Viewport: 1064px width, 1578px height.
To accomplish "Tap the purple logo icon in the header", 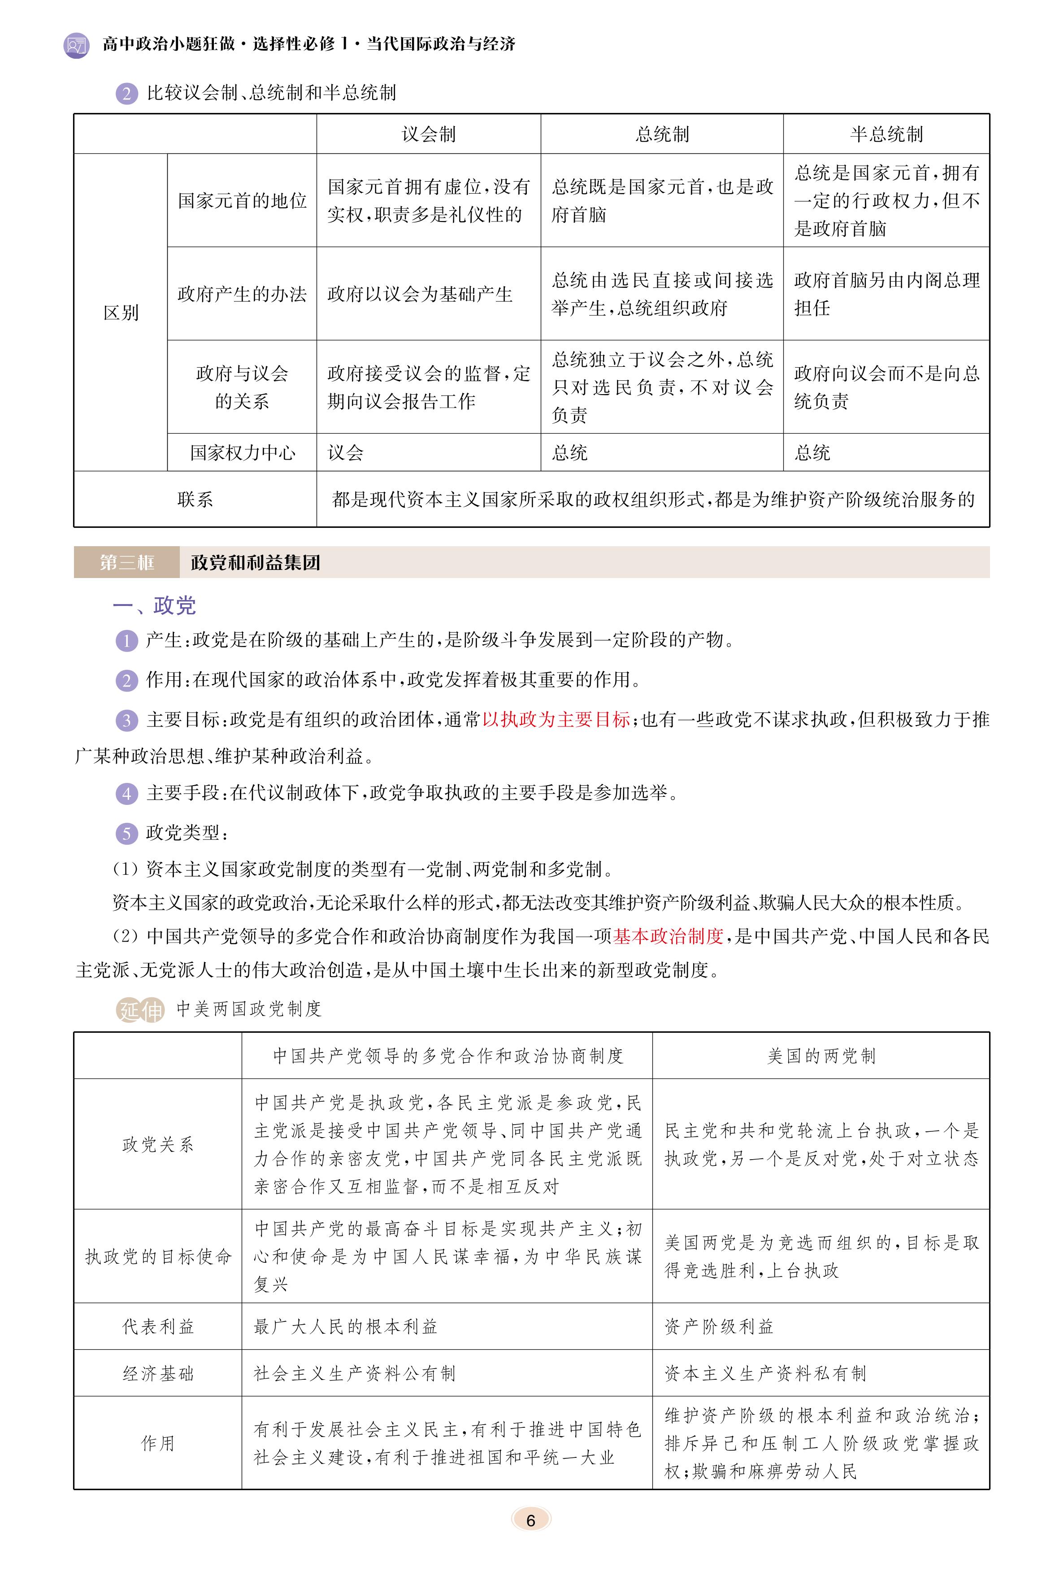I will (76, 45).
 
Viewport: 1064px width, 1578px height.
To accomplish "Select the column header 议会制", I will (428, 134).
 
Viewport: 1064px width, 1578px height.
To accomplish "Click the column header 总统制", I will (662, 134).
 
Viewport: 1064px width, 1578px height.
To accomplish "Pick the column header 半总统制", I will (886, 134).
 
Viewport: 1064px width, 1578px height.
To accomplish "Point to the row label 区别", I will (121, 313).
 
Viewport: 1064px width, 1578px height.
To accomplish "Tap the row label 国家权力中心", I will (242, 453).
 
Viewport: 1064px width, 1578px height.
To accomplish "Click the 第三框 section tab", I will (127, 563).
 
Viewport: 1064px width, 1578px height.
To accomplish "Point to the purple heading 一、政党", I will (155, 605).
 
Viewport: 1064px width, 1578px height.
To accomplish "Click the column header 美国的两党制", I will (821, 1056).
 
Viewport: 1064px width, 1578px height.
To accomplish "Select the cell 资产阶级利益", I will (719, 1326).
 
